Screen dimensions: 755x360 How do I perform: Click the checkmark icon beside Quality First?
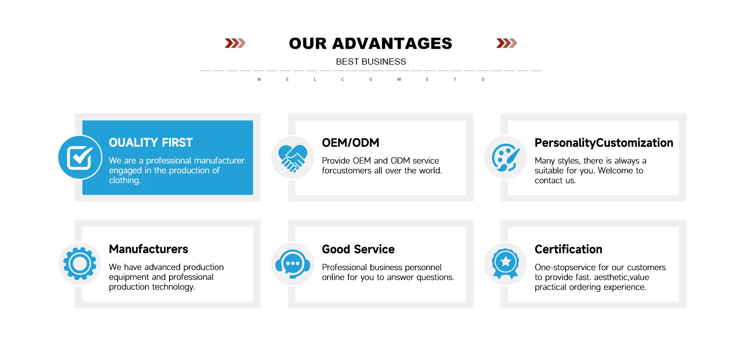click(80, 157)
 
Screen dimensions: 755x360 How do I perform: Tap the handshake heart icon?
click(293, 158)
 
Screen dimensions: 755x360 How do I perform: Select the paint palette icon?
click(506, 158)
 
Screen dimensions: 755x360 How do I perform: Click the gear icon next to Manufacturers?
click(80, 264)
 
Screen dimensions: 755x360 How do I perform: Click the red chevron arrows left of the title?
click(235, 43)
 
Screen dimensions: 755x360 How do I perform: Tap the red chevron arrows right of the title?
click(506, 43)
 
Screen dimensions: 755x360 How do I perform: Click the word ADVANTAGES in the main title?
click(392, 43)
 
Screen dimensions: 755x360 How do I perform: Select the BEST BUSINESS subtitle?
click(371, 62)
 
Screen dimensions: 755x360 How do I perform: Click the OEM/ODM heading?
click(350, 142)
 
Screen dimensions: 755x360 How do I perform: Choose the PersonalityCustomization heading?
click(604, 143)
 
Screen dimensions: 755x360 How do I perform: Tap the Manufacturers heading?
click(148, 249)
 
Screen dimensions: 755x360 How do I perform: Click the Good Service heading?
click(358, 249)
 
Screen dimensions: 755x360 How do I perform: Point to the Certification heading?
click(568, 249)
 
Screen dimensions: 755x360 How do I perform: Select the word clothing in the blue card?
click(125, 181)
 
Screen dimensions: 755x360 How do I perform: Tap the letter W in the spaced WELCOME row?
click(259, 79)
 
